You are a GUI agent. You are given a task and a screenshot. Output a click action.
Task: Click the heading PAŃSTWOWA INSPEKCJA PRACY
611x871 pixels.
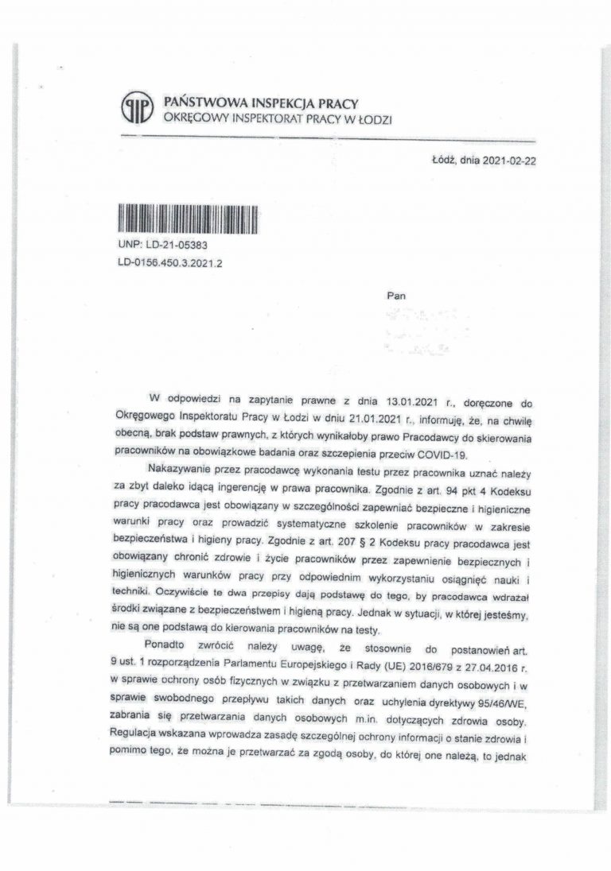tap(260, 103)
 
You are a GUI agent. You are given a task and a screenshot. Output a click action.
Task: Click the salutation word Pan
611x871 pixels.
tap(395, 296)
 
